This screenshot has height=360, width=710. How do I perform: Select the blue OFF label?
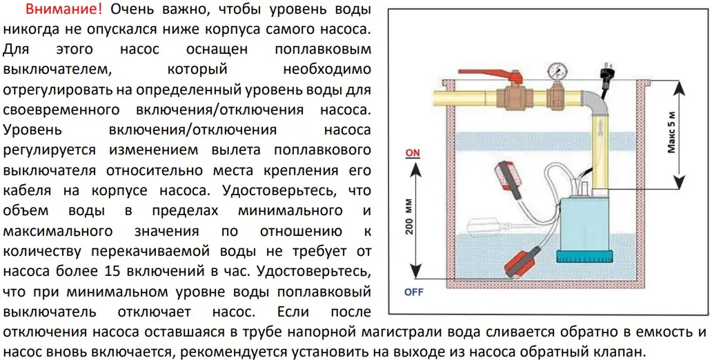click(413, 292)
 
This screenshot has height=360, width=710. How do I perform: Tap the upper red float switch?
click(513, 176)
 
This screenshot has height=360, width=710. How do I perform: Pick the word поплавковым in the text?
click(323, 50)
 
